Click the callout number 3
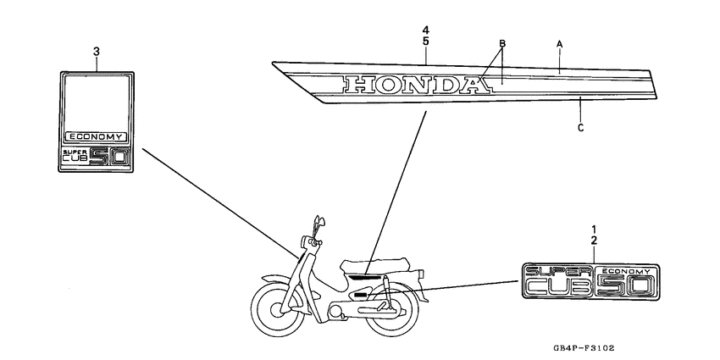(96, 52)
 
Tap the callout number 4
(425, 31)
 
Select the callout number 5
(425, 42)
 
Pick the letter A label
(559, 42)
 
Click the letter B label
(501, 43)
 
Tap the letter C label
(580, 129)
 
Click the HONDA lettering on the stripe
(412, 84)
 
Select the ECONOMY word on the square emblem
(96, 136)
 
